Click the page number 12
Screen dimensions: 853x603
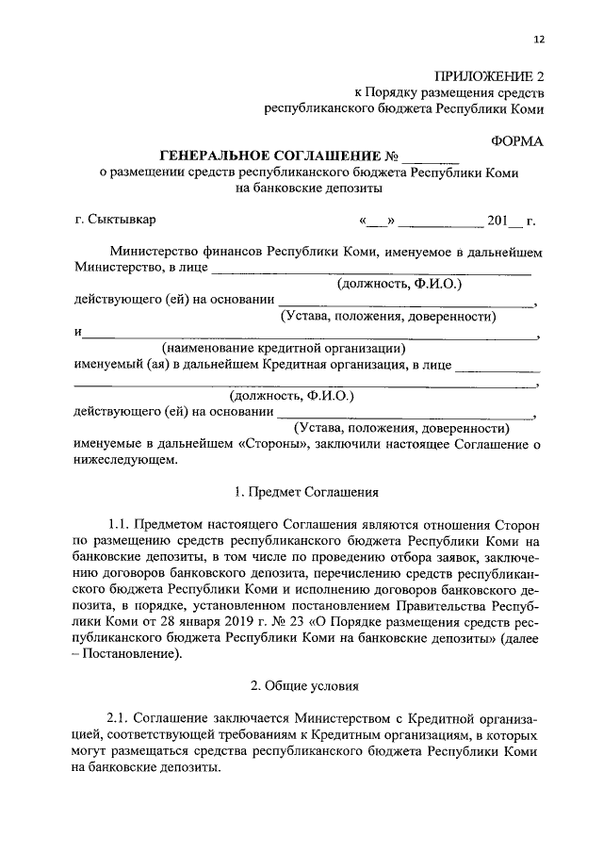pos(539,39)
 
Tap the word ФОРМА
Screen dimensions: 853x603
pos(517,139)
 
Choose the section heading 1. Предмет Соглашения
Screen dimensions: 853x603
pos(304,491)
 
